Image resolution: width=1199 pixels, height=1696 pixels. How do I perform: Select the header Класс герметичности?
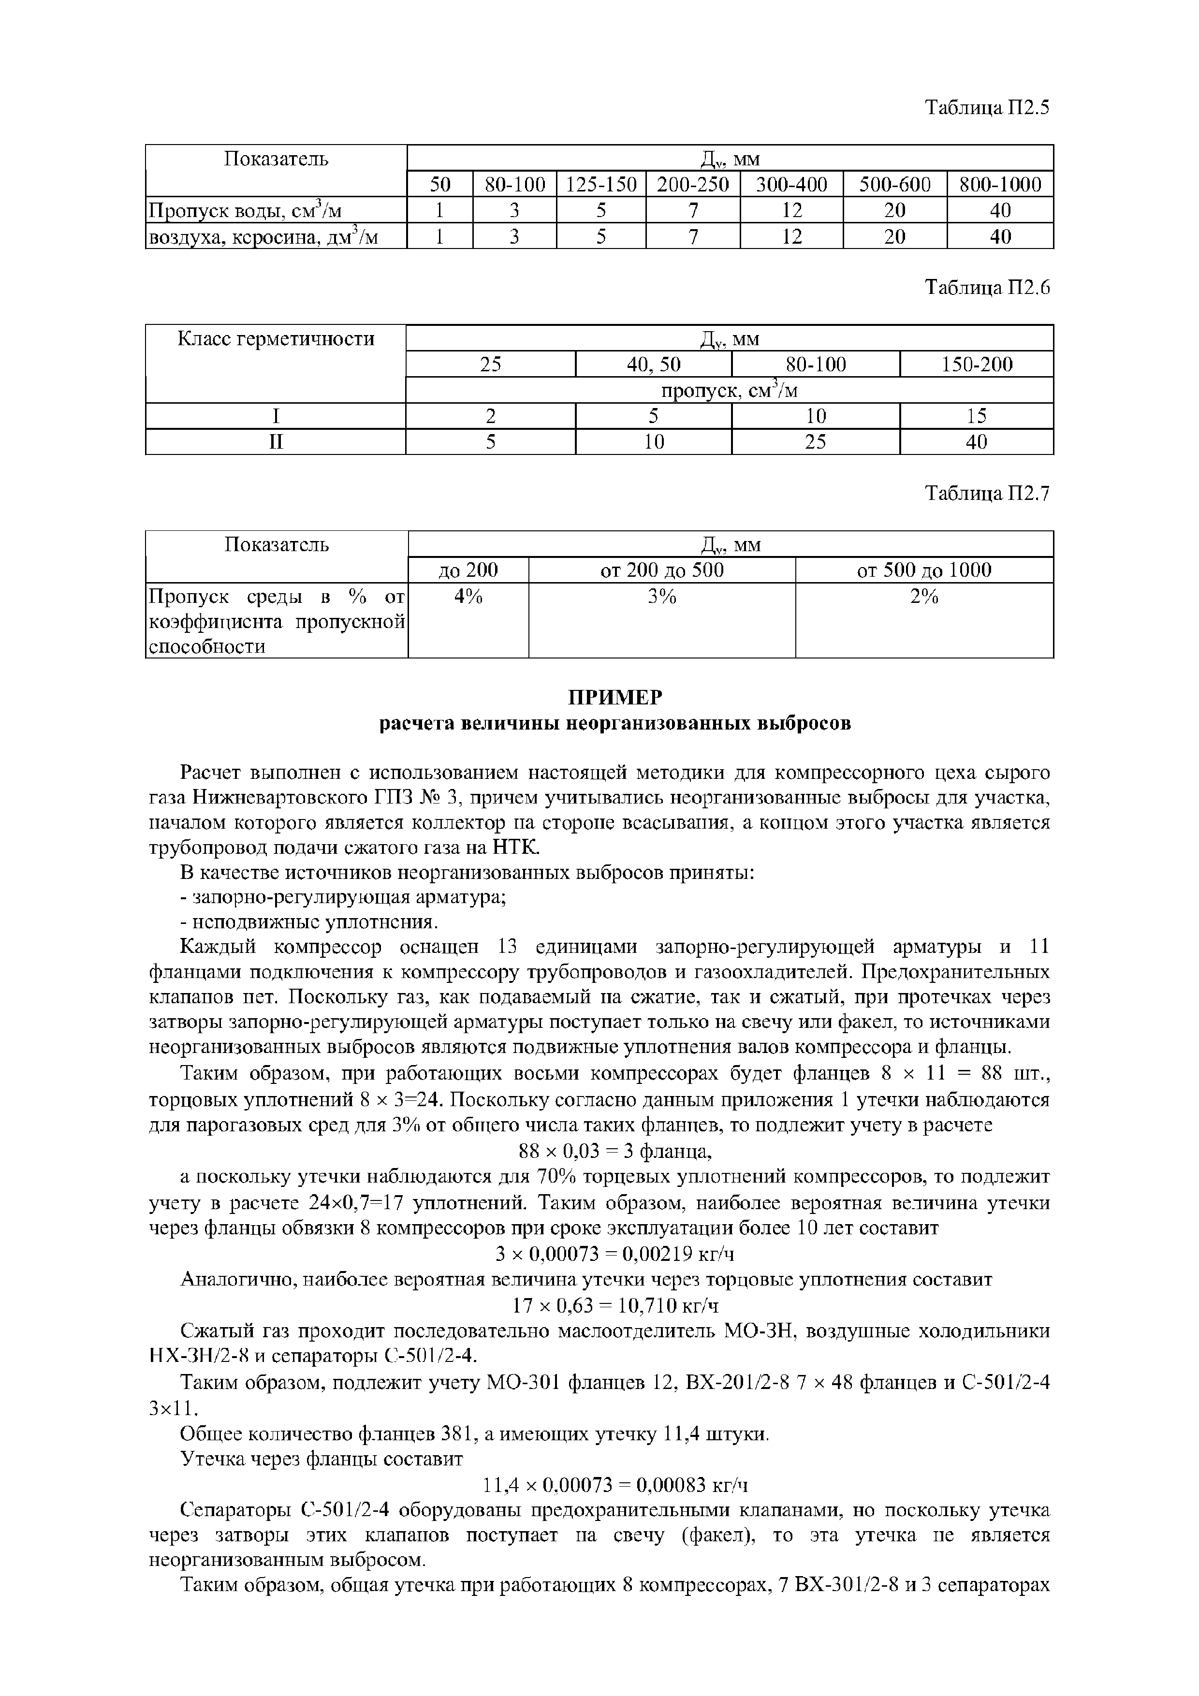click(x=276, y=339)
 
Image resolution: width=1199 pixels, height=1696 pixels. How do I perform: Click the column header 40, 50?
click(x=653, y=364)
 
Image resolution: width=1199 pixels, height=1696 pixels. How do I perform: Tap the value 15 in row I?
click(x=976, y=416)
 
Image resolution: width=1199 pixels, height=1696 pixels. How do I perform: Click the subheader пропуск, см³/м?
click(x=729, y=390)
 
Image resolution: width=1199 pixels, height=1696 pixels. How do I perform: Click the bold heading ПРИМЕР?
click(x=614, y=697)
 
